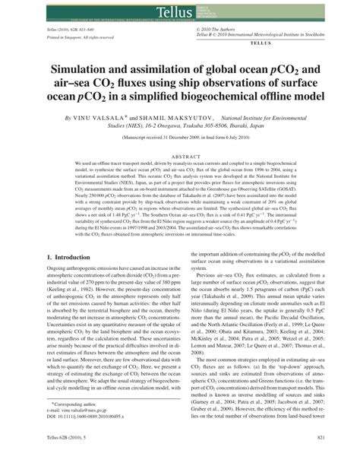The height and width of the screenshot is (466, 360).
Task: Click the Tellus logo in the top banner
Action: tap(179, 10)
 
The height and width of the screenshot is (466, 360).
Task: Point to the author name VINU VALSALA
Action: tap(103, 119)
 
